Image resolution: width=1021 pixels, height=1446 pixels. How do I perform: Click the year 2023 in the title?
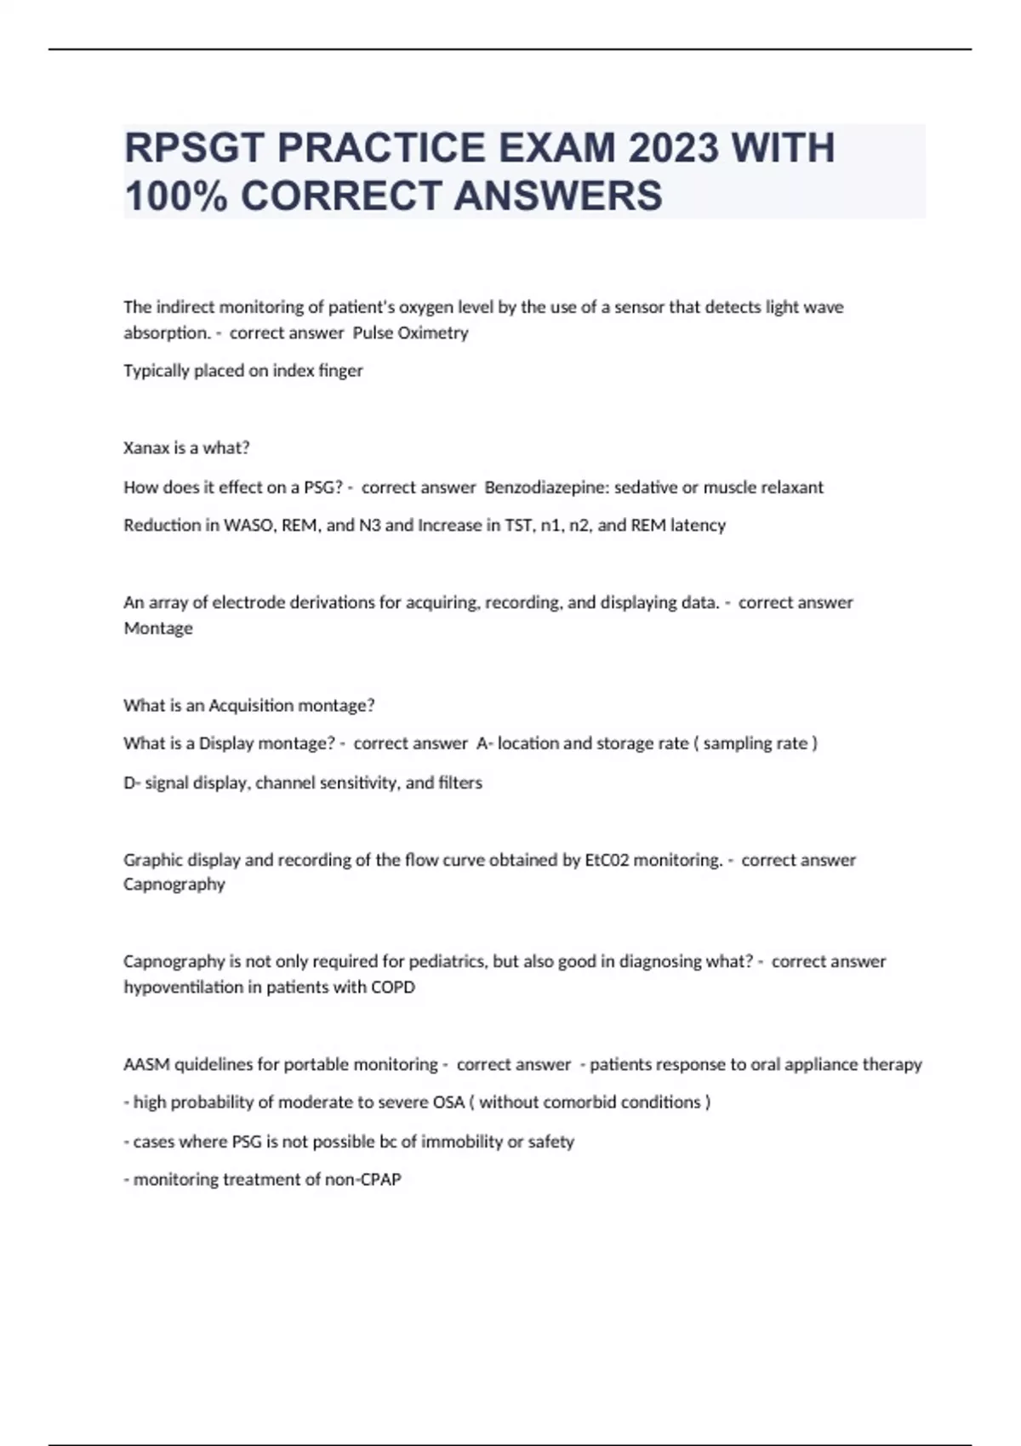[x=674, y=148]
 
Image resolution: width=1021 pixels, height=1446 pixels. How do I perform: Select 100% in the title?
[x=176, y=196]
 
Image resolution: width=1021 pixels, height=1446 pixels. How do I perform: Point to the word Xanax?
[x=146, y=447]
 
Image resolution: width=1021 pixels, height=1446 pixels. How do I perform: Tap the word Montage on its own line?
[x=158, y=629]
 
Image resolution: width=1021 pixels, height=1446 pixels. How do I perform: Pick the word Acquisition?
[x=249, y=705]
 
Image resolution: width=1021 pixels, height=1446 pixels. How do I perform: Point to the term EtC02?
[x=607, y=860]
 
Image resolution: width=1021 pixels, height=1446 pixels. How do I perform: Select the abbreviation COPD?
[x=393, y=988]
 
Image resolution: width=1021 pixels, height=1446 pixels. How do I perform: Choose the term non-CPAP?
[x=362, y=1180]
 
